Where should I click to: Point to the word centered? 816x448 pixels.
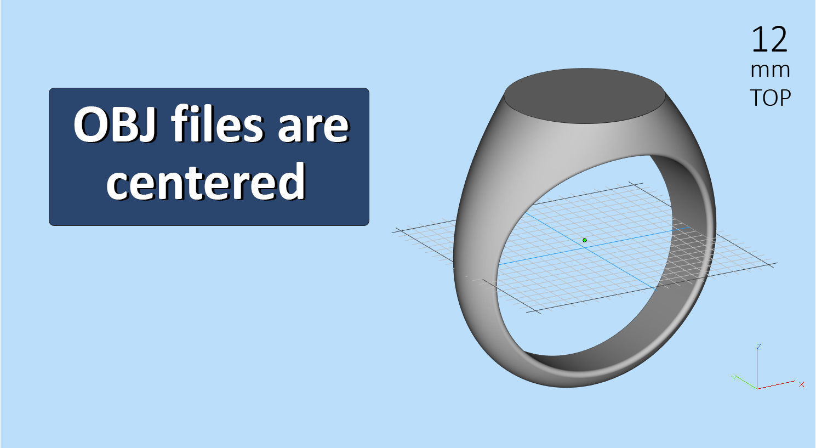pyautogui.click(x=206, y=181)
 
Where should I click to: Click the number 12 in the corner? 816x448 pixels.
pyautogui.click(x=769, y=39)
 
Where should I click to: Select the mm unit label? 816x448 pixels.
pyautogui.click(x=770, y=70)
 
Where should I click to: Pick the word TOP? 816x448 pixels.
pyautogui.click(x=770, y=98)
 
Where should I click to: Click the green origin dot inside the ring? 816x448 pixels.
pyautogui.click(x=585, y=240)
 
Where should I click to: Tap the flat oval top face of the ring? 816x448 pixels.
pyautogui.click(x=585, y=95)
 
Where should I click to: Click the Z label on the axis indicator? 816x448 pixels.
pyautogui.click(x=759, y=347)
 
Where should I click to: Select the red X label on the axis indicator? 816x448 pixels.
pyautogui.click(x=801, y=384)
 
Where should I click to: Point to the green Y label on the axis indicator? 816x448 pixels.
pyautogui.click(x=734, y=378)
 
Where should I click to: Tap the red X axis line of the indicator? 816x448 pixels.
pyautogui.click(x=776, y=385)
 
